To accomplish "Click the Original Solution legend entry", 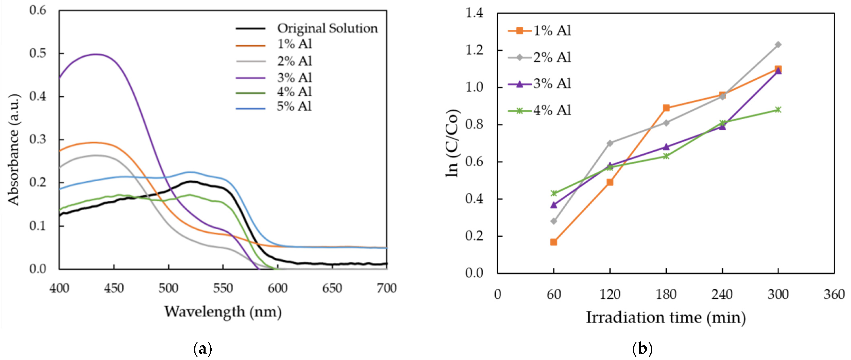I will pyautogui.click(x=327, y=28).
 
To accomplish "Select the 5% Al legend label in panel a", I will pyautogui.click(x=294, y=106).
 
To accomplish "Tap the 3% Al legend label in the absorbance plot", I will pyautogui.click(x=294, y=78).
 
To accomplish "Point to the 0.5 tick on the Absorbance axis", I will pyautogui.click(x=38, y=53).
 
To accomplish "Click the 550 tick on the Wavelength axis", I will pyautogui.click(x=223, y=288).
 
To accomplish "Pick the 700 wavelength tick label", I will pyautogui.click(x=386, y=288).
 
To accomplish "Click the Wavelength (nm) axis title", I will pyautogui.click(x=223, y=312).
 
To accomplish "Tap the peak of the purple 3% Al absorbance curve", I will pyautogui.click(x=96, y=54).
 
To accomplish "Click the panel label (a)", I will pyautogui.click(x=202, y=349).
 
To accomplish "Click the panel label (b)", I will pyautogui.click(x=642, y=349).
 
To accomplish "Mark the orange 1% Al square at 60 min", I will pyautogui.click(x=554, y=242).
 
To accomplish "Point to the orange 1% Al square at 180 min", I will pyautogui.click(x=666, y=108).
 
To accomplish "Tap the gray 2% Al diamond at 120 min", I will pyautogui.click(x=610, y=143).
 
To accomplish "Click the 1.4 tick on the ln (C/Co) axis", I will pyautogui.click(x=474, y=13).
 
